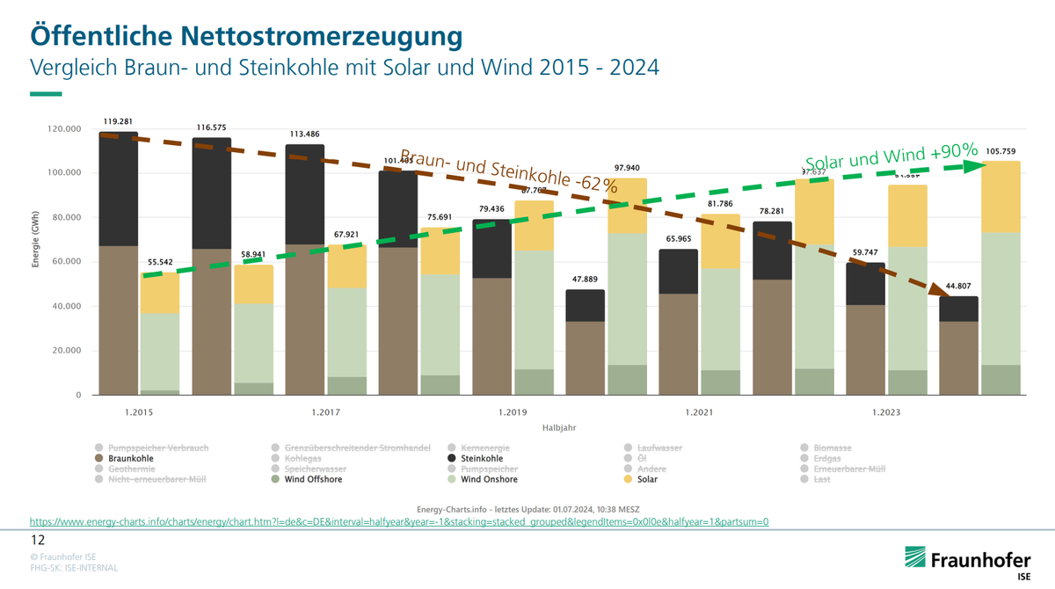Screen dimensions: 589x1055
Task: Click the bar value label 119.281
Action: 118,122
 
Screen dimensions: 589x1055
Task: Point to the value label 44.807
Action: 958,287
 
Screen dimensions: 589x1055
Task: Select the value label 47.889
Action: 585,280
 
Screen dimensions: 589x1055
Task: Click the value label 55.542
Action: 160,263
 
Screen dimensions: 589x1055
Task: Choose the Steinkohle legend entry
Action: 481,458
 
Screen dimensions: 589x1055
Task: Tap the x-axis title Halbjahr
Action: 558,427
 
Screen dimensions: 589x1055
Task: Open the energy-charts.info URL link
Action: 399,521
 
